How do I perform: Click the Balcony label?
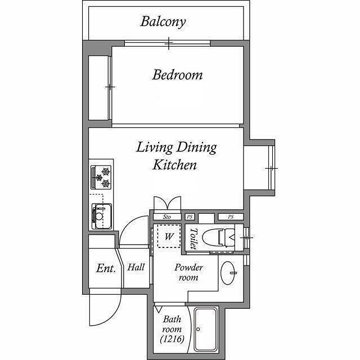pos(163,22)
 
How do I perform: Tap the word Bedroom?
pos(178,75)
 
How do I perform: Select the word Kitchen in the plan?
pos(174,165)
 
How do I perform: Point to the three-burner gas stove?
pos(101,178)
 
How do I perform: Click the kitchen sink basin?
pos(102,216)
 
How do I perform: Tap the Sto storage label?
pos(167,217)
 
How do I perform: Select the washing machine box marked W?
pos(169,236)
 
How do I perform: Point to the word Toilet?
pos(193,238)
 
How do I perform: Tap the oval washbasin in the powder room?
pos(228,273)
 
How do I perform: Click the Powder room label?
pos(188,272)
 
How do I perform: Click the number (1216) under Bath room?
pos(172,339)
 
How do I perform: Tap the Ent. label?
pos(106,268)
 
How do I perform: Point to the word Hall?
pos(136,267)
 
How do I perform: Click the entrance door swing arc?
pos(112,318)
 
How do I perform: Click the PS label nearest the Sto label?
pos(190,217)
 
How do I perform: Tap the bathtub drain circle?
pos(198,329)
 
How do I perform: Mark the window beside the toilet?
pos(246,237)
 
